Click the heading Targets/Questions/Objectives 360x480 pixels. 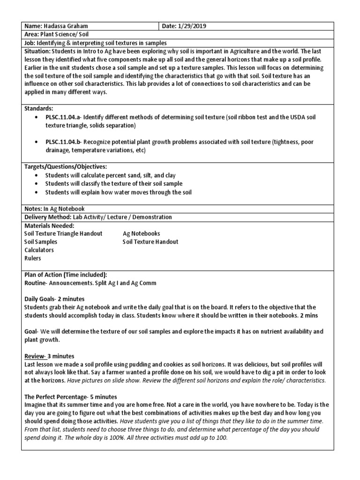point(66,166)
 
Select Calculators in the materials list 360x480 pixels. point(39,250)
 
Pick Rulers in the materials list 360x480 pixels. point(33,258)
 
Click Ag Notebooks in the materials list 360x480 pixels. point(141,233)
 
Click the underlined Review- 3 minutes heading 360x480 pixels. point(49,356)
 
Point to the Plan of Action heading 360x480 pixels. point(65,275)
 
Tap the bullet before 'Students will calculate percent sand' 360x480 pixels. point(37,175)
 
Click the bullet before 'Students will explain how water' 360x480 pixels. point(37,192)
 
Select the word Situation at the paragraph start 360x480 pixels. point(37,51)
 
